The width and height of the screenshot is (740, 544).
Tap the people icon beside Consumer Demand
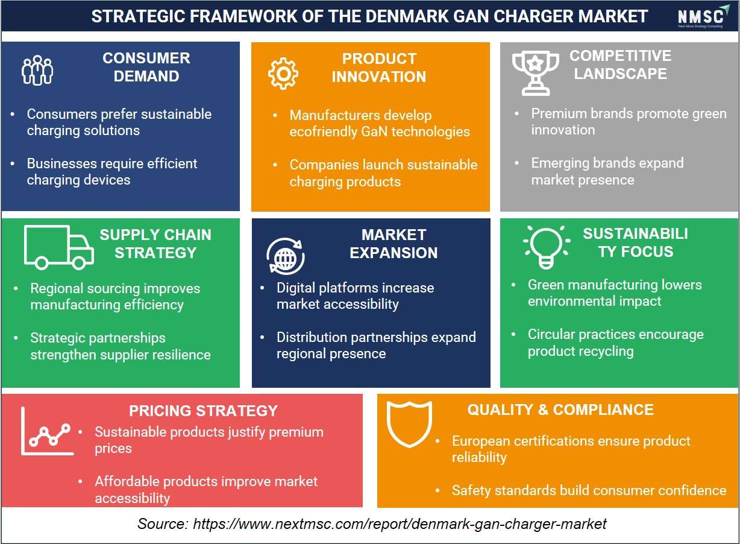37,70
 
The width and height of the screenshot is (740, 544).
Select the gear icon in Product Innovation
283,74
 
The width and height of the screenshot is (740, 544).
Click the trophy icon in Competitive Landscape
536,73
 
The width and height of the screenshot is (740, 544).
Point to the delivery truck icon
59,247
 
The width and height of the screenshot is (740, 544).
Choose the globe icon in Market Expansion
286,256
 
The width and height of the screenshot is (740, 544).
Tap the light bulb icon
547,247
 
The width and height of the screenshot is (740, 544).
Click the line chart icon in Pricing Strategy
46,431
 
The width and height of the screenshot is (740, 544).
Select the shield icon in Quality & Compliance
409,424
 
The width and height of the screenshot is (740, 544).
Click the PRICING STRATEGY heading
203,411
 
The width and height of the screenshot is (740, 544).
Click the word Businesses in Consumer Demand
62,163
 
